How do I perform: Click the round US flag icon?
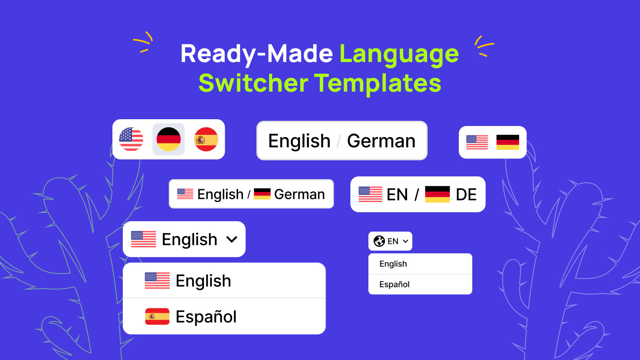tap(131, 139)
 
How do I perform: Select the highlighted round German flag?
tap(168, 139)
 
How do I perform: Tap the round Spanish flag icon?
tap(206, 139)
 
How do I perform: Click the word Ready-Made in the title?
tap(256, 54)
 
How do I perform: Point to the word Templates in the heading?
tap(378, 83)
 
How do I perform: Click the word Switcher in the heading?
tap(253, 83)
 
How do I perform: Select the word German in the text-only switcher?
tap(381, 141)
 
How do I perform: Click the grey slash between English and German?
tap(339, 141)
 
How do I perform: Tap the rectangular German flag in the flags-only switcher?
tap(508, 142)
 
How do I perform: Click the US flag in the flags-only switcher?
tap(477, 142)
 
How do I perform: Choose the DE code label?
tap(466, 195)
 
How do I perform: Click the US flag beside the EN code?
tap(370, 194)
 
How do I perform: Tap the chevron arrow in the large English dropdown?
tap(232, 240)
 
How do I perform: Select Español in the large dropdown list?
tap(206, 317)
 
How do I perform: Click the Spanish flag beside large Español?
tap(157, 316)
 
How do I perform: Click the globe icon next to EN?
tap(379, 241)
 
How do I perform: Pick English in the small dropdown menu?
tap(393, 264)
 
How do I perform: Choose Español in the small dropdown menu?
tap(394, 284)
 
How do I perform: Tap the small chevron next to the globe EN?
tap(406, 241)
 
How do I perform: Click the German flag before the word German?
tap(262, 194)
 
